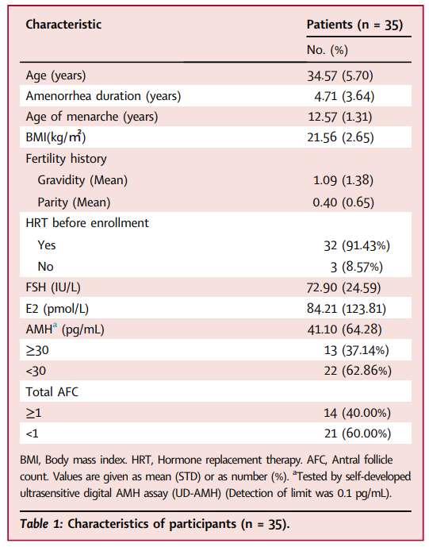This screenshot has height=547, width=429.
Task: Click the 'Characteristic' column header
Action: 63,25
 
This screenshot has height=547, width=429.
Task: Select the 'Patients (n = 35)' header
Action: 354,25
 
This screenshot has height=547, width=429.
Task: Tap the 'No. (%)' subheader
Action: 327,50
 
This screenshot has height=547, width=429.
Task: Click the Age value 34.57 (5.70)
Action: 339,75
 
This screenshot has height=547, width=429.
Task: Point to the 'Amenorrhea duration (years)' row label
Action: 104,96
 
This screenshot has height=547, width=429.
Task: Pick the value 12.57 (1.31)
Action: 339,117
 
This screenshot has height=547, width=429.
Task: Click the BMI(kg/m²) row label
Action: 56,137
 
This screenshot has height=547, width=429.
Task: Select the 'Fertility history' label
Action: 67,159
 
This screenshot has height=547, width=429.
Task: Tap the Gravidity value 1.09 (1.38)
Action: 343,180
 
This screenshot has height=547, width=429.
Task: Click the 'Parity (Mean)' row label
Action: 74,202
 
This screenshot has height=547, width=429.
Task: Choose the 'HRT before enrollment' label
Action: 87,223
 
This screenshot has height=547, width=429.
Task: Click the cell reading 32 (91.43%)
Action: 357,245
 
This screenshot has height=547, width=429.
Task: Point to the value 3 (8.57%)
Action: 357,268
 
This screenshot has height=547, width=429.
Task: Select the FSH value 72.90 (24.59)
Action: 343,288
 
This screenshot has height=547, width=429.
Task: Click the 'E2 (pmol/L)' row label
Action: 57,309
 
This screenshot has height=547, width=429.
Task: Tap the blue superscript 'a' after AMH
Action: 55,326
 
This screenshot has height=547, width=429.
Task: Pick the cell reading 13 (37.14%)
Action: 357,350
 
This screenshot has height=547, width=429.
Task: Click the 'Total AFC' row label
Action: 52,392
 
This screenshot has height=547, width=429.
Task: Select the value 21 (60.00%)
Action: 358,433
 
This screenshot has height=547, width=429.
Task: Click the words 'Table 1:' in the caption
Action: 41,524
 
